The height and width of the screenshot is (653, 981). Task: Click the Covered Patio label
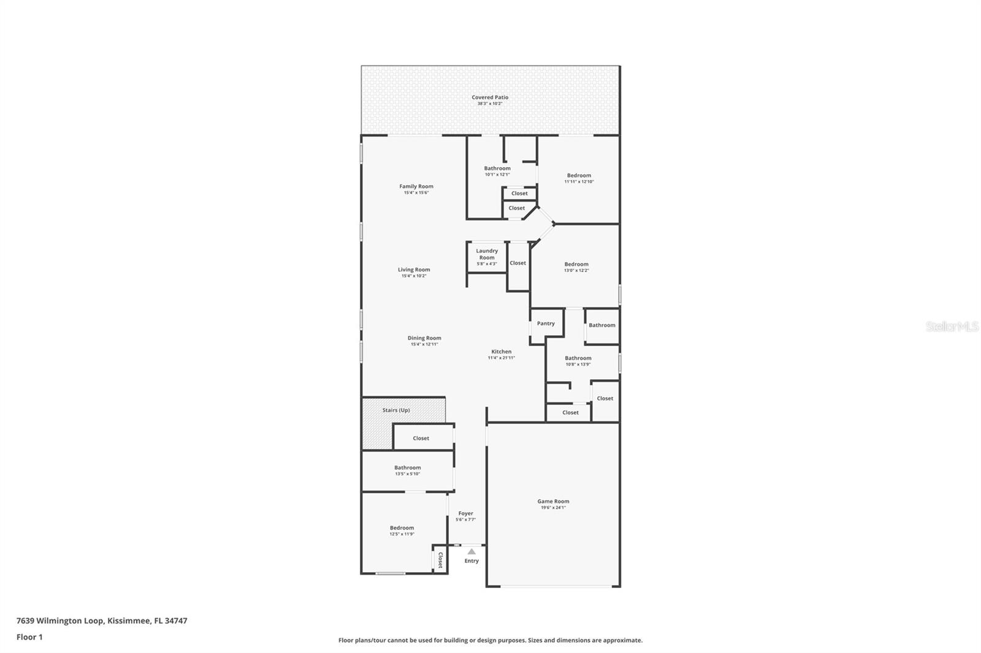(x=490, y=97)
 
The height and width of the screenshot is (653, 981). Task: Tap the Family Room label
(x=416, y=186)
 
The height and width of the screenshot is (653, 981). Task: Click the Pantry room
(x=546, y=324)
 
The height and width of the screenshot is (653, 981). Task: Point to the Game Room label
(x=553, y=501)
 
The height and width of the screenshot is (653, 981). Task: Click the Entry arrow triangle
(x=471, y=551)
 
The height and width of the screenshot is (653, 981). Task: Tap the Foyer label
(x=465, y=513)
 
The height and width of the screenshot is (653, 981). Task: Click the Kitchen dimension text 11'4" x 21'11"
(x=501, y=358)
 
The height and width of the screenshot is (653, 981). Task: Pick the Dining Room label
(x=424, y=338)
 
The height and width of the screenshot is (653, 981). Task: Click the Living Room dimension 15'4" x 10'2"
(x=414, y=276)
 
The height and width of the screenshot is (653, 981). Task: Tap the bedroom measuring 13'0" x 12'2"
(x=576, y=267)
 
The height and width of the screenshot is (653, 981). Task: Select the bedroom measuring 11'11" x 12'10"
(x=579, y=178)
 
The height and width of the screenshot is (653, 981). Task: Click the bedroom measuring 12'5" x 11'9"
(x=402, y=530)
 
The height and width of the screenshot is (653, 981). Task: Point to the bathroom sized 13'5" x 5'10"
(x=407, y=470)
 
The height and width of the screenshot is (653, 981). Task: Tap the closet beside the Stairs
(x=421, y=439)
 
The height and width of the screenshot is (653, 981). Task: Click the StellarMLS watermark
(x=952, y=326)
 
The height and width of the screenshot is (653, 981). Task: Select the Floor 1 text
(x=29, y=637)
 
